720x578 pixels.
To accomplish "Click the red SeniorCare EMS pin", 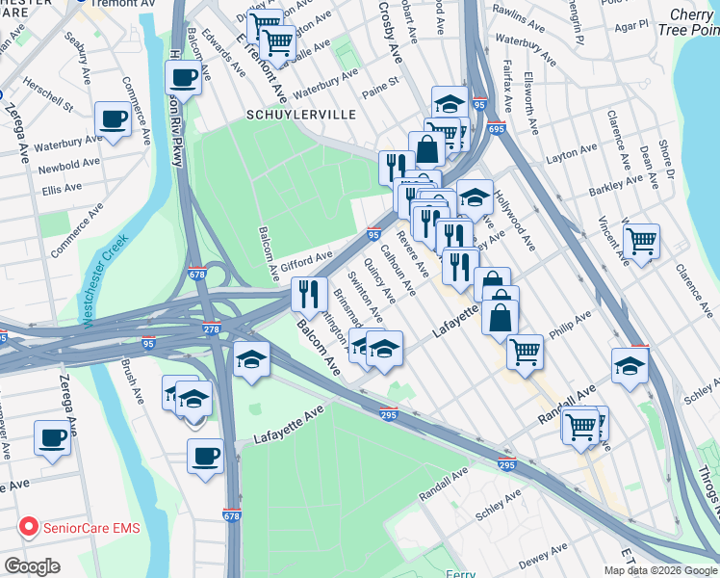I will pos(29,529).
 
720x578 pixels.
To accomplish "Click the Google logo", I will pos(32,566).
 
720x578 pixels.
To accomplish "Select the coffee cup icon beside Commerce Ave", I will pos(114,119).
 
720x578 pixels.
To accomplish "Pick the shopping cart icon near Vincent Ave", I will pos(641,241).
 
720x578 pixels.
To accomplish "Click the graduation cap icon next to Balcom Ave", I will pos(251,358).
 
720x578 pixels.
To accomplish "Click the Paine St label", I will pos(379,89).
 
